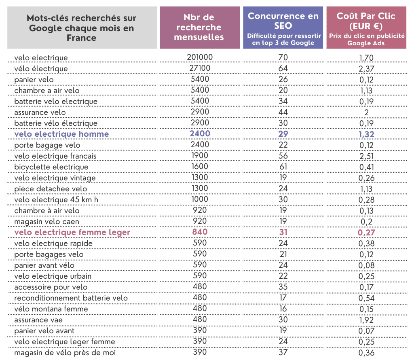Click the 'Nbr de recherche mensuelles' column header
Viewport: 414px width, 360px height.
coord(199,28)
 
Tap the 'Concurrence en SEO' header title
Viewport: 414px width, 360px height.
coord(283,21)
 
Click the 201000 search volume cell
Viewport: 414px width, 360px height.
coord(200,57)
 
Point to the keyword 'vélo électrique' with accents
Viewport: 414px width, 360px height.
coord(41,69)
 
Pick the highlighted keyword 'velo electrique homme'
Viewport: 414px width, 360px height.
coord(61,134)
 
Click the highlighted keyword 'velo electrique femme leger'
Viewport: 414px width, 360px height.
coord(72,233)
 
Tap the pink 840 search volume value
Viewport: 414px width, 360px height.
coord(200,232)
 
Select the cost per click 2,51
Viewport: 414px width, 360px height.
coord(366,156)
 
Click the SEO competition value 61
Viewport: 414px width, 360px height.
coord(283,167)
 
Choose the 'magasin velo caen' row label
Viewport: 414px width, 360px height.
coord(47,222)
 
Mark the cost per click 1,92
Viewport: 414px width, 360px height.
coord(366,320)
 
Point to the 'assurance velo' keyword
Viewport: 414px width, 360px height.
coord(40,112)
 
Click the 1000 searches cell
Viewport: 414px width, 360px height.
coord(200,199)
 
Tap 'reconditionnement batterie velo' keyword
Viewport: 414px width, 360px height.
coord(71,298)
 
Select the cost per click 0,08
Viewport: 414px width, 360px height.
coord(366,265)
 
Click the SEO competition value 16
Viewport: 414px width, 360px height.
coord(283,309)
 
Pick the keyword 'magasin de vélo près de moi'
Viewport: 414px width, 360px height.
coord(65,353)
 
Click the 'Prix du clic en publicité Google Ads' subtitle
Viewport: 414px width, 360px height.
coord(366,39)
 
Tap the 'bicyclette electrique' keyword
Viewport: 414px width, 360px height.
coord(51,167)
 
